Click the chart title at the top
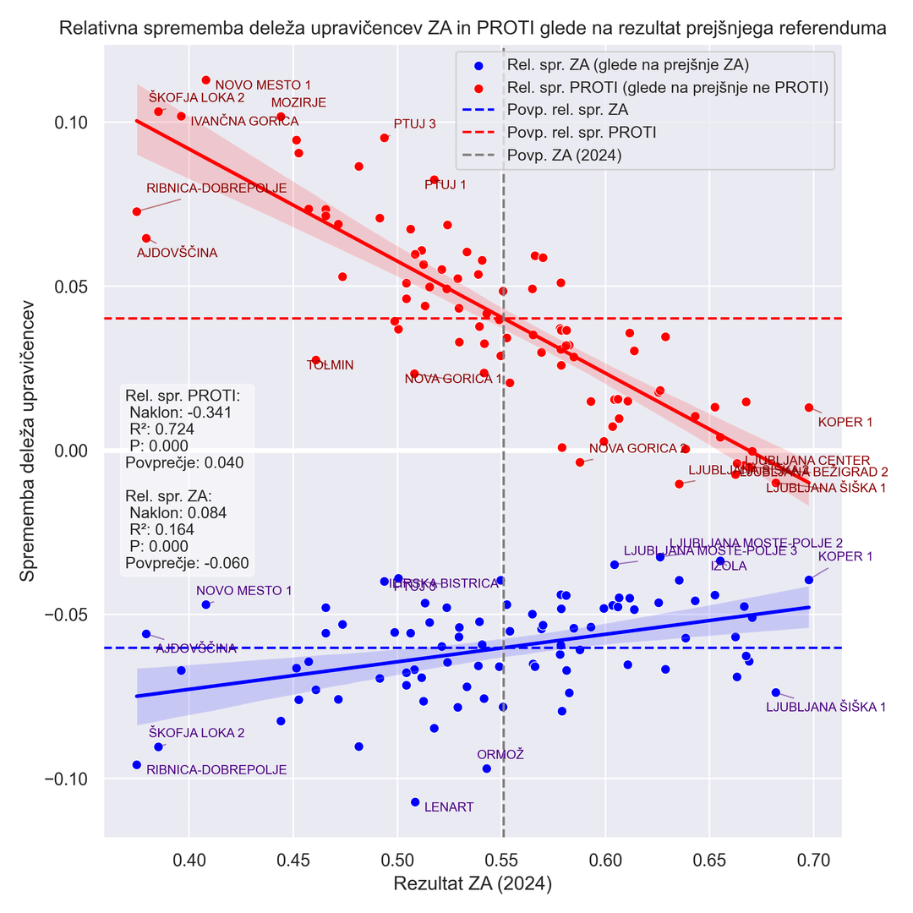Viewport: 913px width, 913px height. tap(473, 28)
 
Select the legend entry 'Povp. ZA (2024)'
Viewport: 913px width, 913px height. tap(564, 156)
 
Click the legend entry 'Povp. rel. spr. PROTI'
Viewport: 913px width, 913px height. tap(582, 133)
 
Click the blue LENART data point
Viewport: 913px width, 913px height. tap(415, 801)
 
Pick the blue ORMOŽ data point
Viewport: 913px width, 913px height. tap(486, 768)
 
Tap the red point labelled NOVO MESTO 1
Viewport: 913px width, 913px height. tap(205, 80)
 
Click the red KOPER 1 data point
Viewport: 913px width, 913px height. tap(809, 407)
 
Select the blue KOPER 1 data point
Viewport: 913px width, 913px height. tap(809, 579)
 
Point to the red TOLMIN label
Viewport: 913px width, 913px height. tap(330, 365)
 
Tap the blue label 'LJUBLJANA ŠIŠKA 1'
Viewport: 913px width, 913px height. tap(825, 707)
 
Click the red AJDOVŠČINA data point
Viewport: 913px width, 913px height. tap(146, 238)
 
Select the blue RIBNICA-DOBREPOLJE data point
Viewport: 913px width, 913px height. tap(136, 764)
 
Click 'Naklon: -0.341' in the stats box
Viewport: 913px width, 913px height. tap(180, 413)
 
